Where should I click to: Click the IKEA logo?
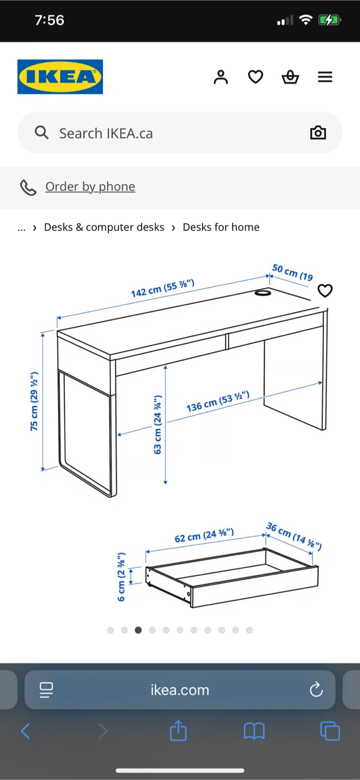tap(60, 76)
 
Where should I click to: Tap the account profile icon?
tap(221, 77)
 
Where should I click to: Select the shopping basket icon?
tap(290, 77)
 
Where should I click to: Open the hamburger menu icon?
tap(325, 77)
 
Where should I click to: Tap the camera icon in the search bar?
tap(318, 133)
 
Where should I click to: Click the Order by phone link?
tap(90, 187)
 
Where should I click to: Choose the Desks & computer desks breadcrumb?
tap(104, 227)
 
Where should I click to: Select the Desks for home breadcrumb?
tap(221, 227)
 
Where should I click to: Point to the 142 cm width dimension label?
tap(162, 289)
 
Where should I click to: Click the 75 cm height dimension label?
tap(34, 401)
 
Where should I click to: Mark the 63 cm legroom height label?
tap(158, 425)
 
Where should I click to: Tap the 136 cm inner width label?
tap(218, 401)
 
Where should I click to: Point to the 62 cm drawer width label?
tap(204, 535)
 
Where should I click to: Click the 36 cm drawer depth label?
tap(294, 536)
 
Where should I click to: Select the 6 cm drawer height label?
tap(121, 577)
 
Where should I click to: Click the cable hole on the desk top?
tap(263, 293)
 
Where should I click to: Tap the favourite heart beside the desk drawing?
tap(325, 290)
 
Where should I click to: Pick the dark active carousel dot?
tap(138, 630)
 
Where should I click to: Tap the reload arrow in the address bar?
tap(316, 690)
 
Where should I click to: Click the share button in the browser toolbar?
tap(178, 731)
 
